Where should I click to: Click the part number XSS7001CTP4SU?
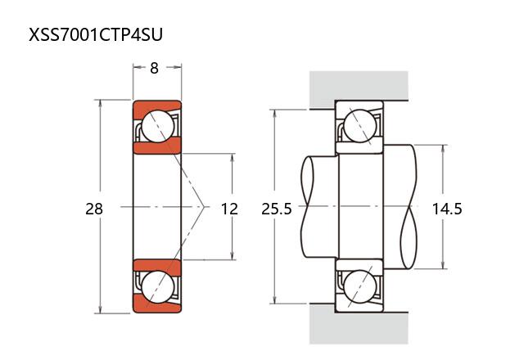(x=96, y=34)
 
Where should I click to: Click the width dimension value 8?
(x=154, y=68)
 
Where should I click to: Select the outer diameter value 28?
(x=94, y=209)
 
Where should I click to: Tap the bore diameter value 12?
(x=229, y=209)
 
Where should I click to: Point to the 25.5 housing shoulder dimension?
(x=277, y=209)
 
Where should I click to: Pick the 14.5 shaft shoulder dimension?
(x=447, y=209)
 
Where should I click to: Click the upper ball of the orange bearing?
(x=158, y=126)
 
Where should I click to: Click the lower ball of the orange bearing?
(x=158, y=287)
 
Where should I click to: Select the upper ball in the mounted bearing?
(x=360, y=126)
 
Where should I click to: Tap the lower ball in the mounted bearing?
(x=360, y=287)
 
